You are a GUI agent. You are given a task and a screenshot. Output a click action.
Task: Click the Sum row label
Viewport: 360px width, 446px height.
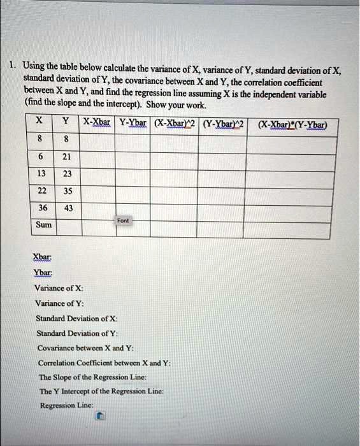[x=44, y=225]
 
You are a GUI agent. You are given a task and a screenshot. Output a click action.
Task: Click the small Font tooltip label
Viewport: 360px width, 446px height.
[x=124, y=220]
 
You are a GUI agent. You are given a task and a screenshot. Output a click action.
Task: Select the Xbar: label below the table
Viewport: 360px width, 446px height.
[x=43, y=257]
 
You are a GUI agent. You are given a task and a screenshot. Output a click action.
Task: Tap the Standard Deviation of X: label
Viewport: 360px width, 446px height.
[x=77, y=318]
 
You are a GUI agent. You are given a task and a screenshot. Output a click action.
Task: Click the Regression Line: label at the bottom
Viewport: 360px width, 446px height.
[x=67, y=405]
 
